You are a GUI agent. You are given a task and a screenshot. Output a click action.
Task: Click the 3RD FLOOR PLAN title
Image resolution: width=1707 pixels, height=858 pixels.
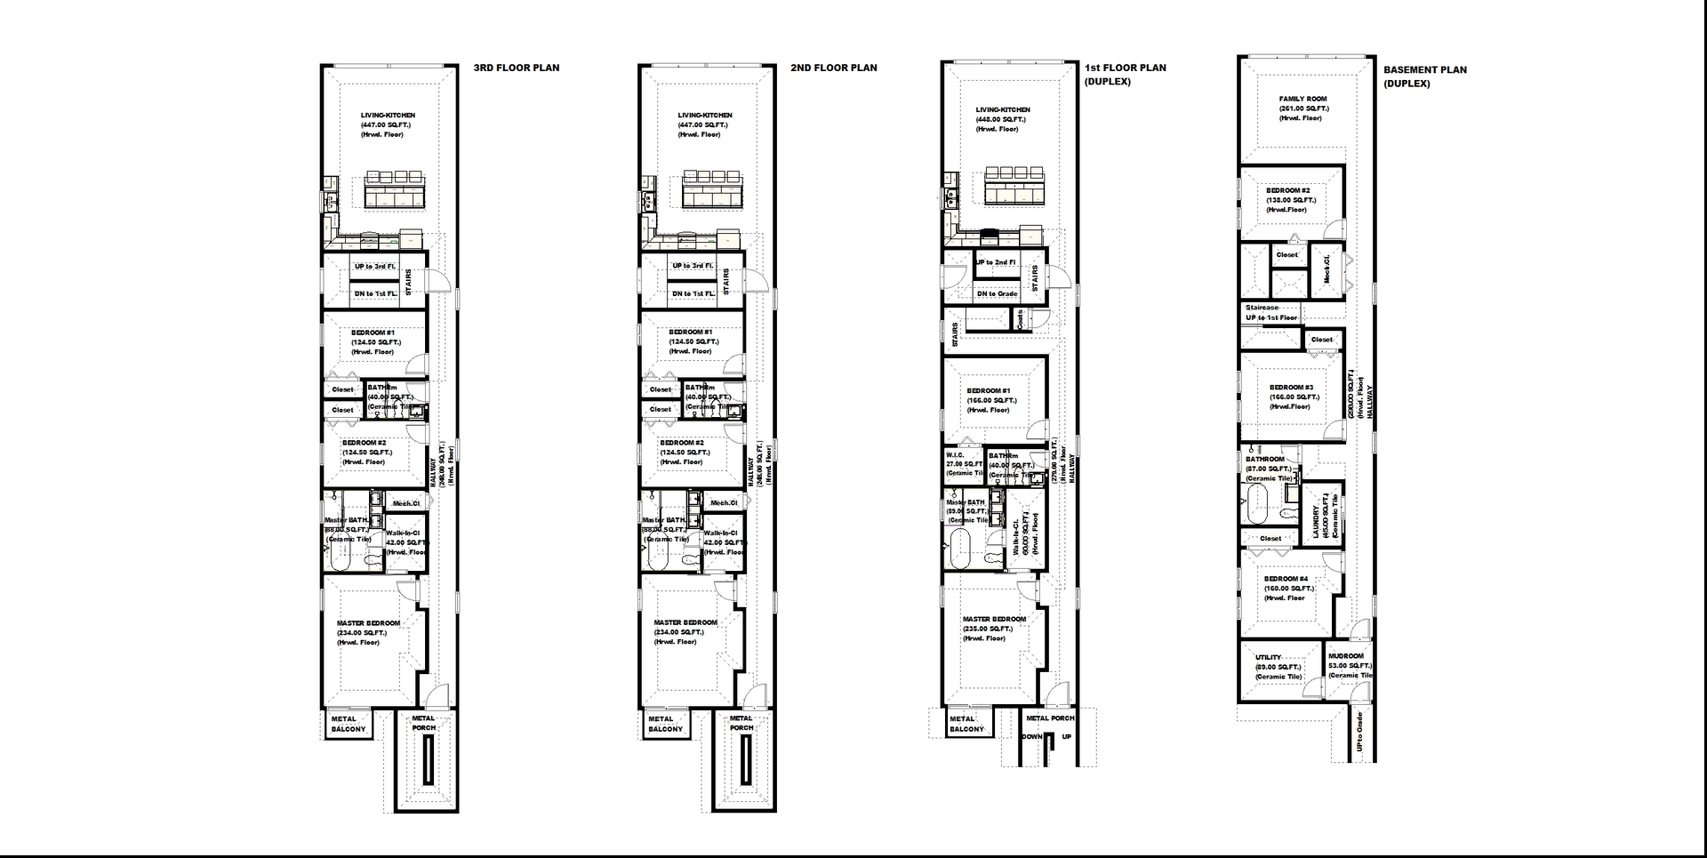pyautogui.click(x=516, y=68)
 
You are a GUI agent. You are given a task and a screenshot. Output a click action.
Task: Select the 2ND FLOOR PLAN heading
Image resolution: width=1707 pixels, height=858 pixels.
pyautogui.click(x=833, y=68)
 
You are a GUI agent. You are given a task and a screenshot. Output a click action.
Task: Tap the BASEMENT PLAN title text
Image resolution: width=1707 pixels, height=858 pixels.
pyautogui.click(x=1424, y=69)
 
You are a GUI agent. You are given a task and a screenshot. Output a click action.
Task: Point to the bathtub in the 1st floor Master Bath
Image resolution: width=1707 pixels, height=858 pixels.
pyautogui.click(x=961, y=549)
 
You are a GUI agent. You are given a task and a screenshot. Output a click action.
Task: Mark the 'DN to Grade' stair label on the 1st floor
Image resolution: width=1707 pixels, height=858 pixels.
pyautogui.click(x=997, y=293)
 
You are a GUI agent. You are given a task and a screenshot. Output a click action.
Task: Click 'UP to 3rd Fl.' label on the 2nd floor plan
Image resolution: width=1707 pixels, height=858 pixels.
pyautogui.click(x=693, y=266)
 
